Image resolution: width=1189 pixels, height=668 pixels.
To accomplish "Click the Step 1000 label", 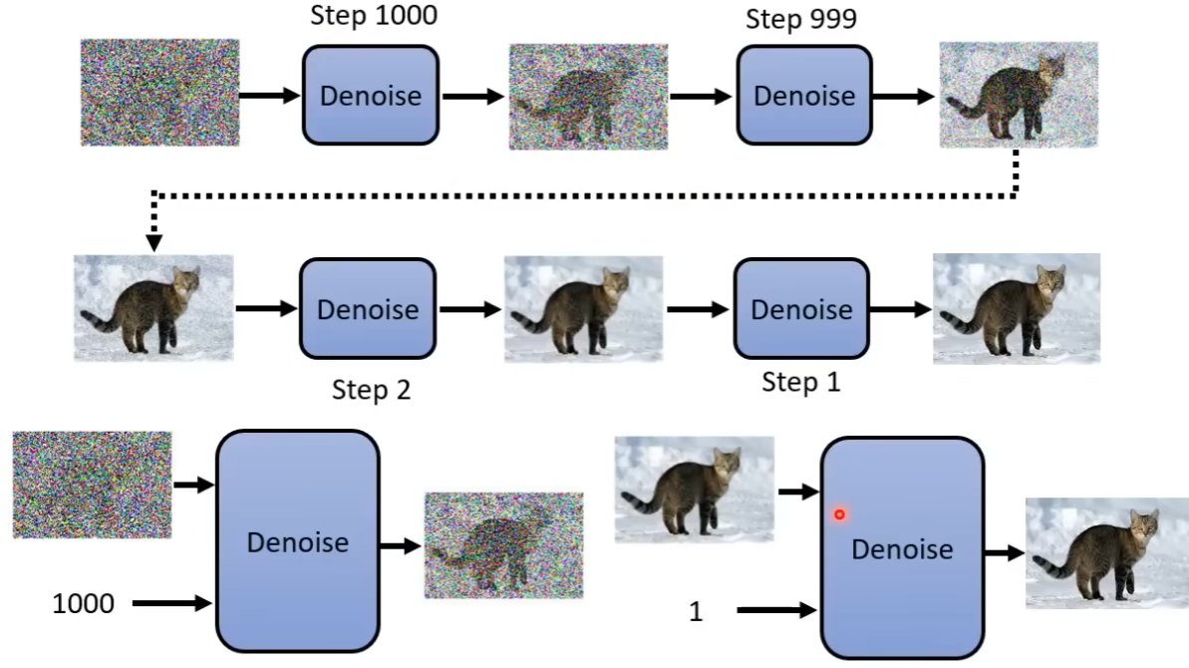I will coord(373,17).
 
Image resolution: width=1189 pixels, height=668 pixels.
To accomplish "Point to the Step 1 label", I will coord(801,382).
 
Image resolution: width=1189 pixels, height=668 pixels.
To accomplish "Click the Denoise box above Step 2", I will coord(368,309).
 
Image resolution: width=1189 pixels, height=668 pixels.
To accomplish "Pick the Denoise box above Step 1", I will coord(801,309).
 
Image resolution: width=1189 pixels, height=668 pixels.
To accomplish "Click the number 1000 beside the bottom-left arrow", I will coord(83,603).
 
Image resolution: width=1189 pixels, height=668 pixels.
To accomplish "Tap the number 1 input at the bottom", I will coord(696,612).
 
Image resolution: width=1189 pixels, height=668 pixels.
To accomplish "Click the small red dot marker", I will coord(840,514).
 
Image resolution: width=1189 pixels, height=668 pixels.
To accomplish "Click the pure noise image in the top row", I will coord(159,93).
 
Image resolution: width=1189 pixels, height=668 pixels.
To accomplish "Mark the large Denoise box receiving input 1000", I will coord(297,541).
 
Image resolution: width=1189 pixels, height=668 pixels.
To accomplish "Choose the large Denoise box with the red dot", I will coord(902,548).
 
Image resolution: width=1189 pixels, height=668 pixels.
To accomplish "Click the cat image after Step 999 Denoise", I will coord(1018,95).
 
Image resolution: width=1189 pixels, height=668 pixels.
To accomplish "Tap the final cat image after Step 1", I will coord(1016,308).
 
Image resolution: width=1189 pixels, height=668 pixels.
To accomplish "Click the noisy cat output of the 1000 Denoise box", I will coord(503,545).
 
